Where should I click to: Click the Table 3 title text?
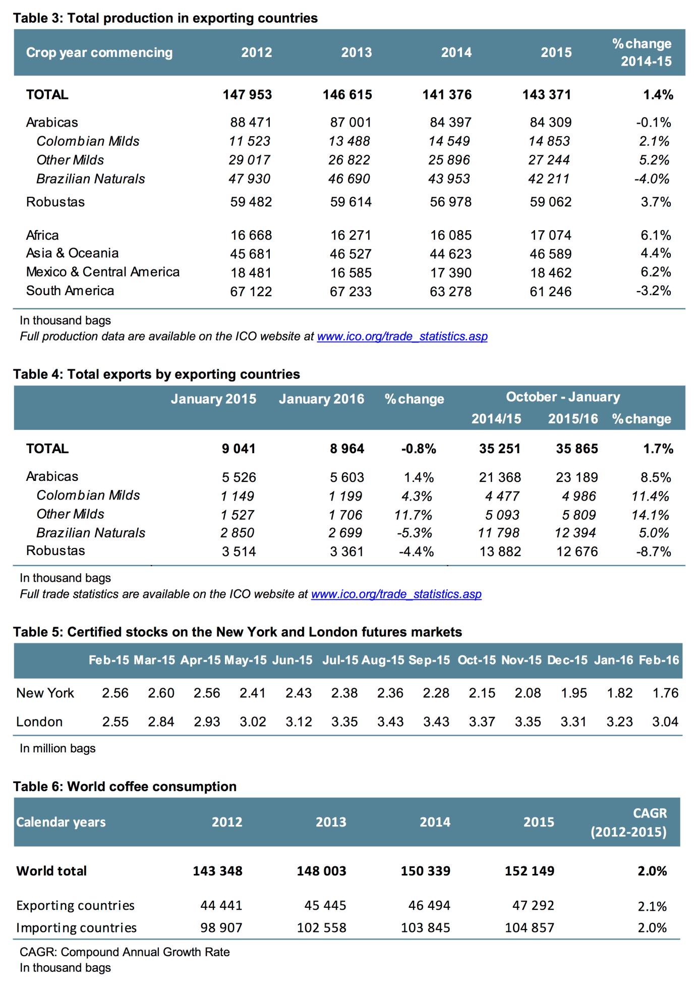pyautogui.click(x=165, y=18)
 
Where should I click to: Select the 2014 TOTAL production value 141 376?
pyautogui.click(x=447, y=95)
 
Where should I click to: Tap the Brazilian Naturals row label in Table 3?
pyautogui.click(x=90, y=179)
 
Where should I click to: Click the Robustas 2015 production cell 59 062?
pyautogui.click(x=551, y=202)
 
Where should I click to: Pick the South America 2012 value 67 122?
pyautogui.click(x=251, y=292)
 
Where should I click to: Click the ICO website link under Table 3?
pyautogui.click(x=402, y=337)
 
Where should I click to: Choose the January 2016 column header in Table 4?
pyautogui.click(x=321, y=399)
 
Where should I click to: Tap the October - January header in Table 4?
pyautogui.click(x=563, y=397)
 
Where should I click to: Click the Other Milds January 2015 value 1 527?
pyautogui.click(x=238, y=515)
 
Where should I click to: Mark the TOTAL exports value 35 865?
pyautogui.click(x=577, y=449)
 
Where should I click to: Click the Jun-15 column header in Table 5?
pyautogui.click(x=292, y=660)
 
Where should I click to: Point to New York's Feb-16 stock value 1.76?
pyautogui.click(x=665, y=693)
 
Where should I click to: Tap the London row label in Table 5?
pyautogui.click(x=39, y=722)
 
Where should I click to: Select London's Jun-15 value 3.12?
pyautogui.click(x=299, y=722)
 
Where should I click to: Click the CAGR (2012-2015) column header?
pyautogui.click(x=629, y=822)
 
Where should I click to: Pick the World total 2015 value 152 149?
pyautogui.click(x=530, y=871)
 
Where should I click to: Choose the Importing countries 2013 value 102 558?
pyautogui.click(x=322, y=927)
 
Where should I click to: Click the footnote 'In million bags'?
pyautogui.click(x=57, y=748)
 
